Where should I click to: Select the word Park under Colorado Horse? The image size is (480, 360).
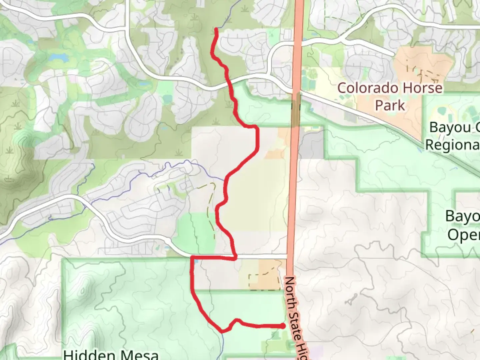390,105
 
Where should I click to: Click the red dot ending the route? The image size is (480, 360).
283,326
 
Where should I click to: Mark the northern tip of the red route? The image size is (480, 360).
216,30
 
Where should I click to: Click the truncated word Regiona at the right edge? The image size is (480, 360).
453,145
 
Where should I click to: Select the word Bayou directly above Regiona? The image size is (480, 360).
450,127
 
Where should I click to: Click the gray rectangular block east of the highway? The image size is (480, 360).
311,144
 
